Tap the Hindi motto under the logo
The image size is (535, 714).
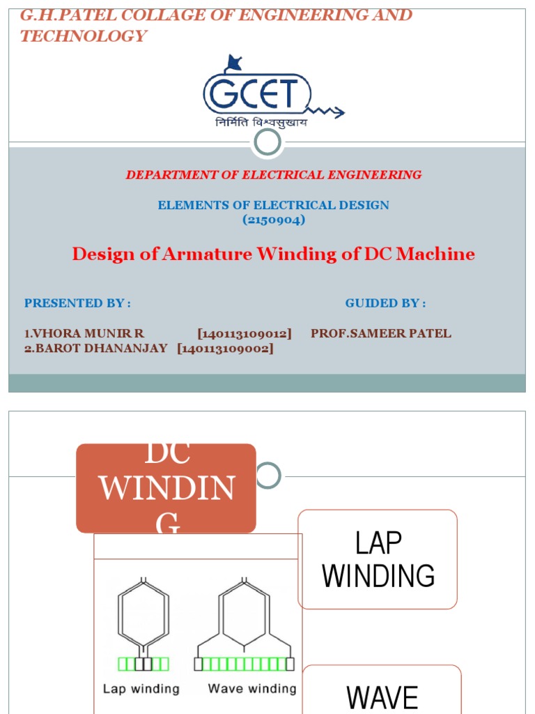pos(261,123)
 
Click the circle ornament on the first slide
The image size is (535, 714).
pos(267,142)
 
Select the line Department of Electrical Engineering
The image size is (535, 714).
pos(273,175)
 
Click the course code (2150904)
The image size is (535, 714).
pos(274,220)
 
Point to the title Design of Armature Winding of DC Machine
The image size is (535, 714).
pos(274,254)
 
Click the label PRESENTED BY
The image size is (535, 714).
pos(77,303)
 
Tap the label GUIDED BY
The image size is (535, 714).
pos(385,303)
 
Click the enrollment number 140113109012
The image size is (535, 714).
pos(245,333)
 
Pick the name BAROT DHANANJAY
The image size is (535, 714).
pos(96,348)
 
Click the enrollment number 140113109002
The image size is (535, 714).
pos(226,348)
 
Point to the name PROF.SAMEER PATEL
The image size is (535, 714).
pos(381,333)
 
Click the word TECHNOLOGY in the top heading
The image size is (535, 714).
pos(83,36)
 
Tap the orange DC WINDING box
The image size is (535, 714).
pos(166,488)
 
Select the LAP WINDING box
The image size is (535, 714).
pos(378,559)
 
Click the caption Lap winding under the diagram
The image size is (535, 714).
pos(141,689)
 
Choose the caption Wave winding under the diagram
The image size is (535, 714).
pos(251,689)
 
